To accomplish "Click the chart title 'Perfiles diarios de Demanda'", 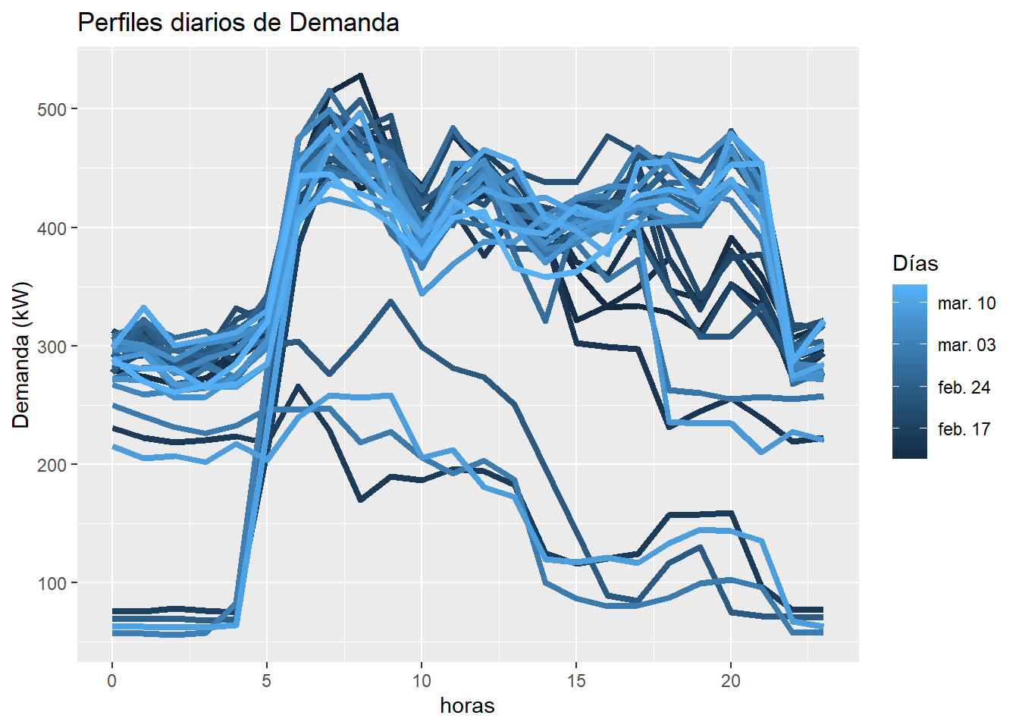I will (x=238, y=23).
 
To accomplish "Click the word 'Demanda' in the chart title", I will (x=344, y=23).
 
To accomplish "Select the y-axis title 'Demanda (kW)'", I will (x=21, y=355).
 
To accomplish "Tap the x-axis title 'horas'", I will (x=467, y=706).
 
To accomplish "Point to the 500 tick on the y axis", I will (x=52, y=109).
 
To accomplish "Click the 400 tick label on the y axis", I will (x=52, y=227).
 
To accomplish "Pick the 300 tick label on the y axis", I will (x=52, y=347).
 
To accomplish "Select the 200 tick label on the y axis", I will (x=52, y=465).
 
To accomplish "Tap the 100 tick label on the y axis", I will (x=52, y=583).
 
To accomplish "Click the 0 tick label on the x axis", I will (x=112, y=680).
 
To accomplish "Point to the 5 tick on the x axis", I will (x=267, y=680).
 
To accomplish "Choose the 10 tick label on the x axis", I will (x=422, y=680).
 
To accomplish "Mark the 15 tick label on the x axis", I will (x=576, y=680).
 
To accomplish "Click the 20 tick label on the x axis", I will (x=731, y=680).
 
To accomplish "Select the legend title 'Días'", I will (x=915, y=264).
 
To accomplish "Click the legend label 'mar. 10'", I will (x=967, y=303).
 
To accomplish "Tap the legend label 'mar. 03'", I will (x=967, y=345).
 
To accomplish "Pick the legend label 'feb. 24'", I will (x=964, y=388).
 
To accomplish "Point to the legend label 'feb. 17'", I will (x=964, y=429).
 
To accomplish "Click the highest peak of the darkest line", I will (x=360, y=75).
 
